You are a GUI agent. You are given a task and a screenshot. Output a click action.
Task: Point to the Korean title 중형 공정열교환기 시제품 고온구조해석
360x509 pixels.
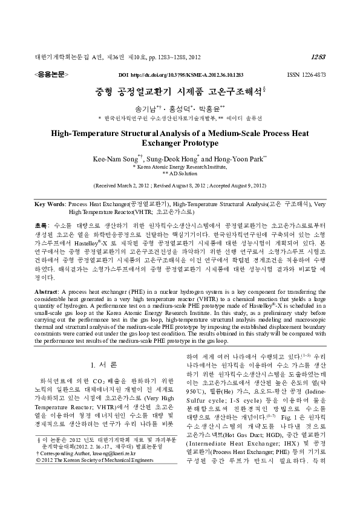180,92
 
